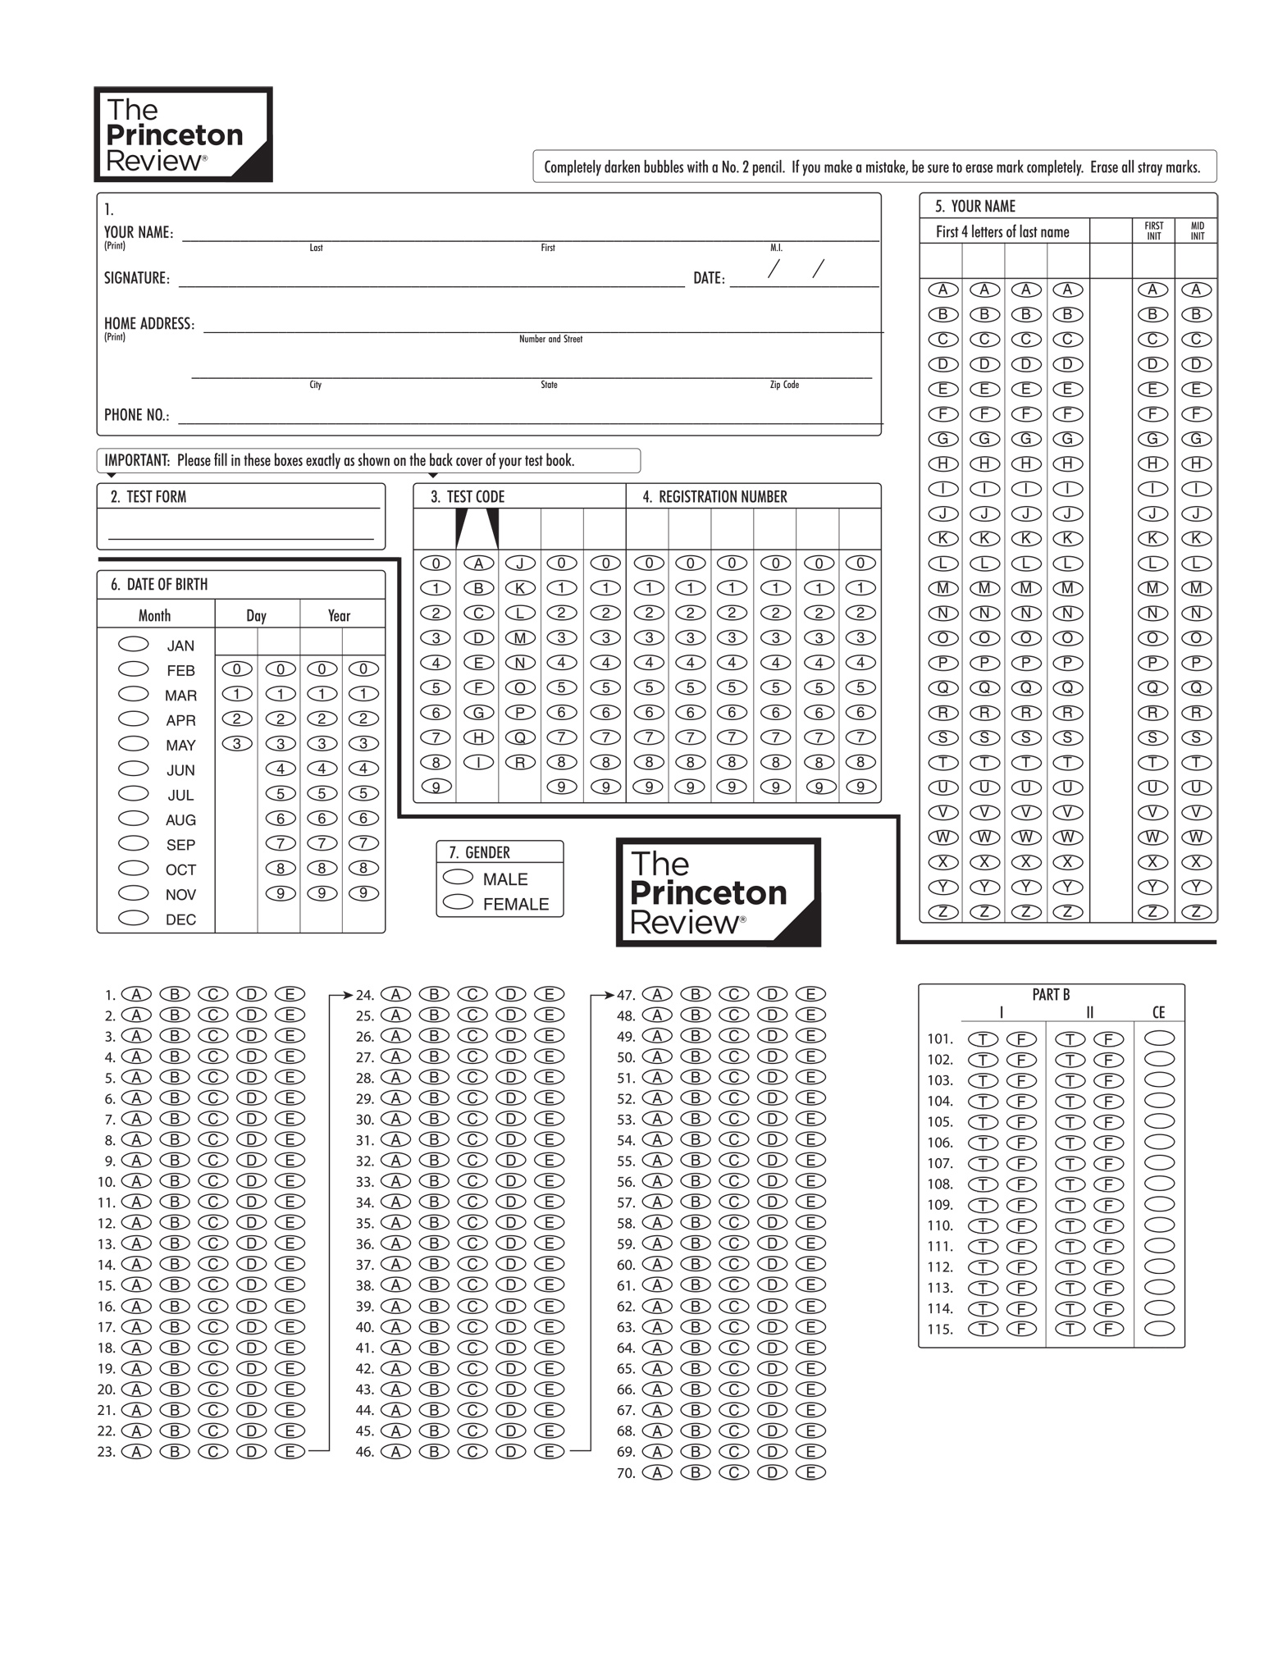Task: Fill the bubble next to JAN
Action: tap(134, 644)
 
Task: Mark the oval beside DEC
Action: tap(134, 918)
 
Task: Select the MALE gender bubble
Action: tap(458, 877)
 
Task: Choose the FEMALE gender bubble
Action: tap(458, 902)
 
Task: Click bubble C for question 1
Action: tap(212, 994)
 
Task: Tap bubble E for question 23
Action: tap(290, 1451)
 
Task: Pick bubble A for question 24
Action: tap(395, 994)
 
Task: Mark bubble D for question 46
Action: tap(510, 1451)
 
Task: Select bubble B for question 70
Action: tap(696, 1472)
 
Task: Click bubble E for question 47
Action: tap(810, 994)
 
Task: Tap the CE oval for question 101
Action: tap(1159, 1038)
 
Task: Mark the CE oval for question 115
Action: tap(1159, 1329)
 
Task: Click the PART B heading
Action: tap(1051, 994)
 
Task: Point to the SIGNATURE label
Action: tap(136, 278)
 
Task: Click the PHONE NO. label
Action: tap(136, 415)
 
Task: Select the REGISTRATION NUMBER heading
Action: tap(714, 496)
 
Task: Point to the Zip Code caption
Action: tap(784, 385)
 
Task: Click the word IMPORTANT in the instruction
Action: tap(137, 460)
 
